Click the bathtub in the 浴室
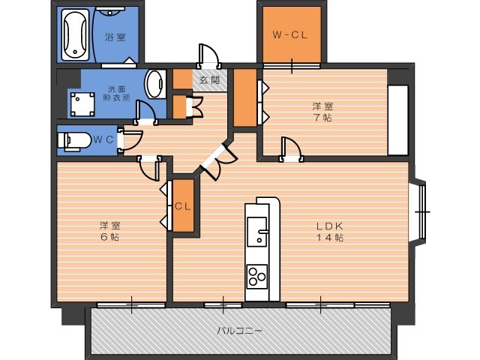75,34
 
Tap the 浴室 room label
115,37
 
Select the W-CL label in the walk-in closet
290,35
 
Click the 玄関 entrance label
210,80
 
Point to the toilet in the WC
74,141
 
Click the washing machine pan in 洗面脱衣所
82,104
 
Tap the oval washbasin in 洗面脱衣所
154,84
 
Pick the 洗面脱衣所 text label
117,93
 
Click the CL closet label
183,206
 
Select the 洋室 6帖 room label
110,231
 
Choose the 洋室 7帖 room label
322,112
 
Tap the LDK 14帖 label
330,232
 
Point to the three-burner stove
256,277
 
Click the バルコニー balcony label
240,331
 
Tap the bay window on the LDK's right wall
420,211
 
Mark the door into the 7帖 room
292,149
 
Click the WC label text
103,139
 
